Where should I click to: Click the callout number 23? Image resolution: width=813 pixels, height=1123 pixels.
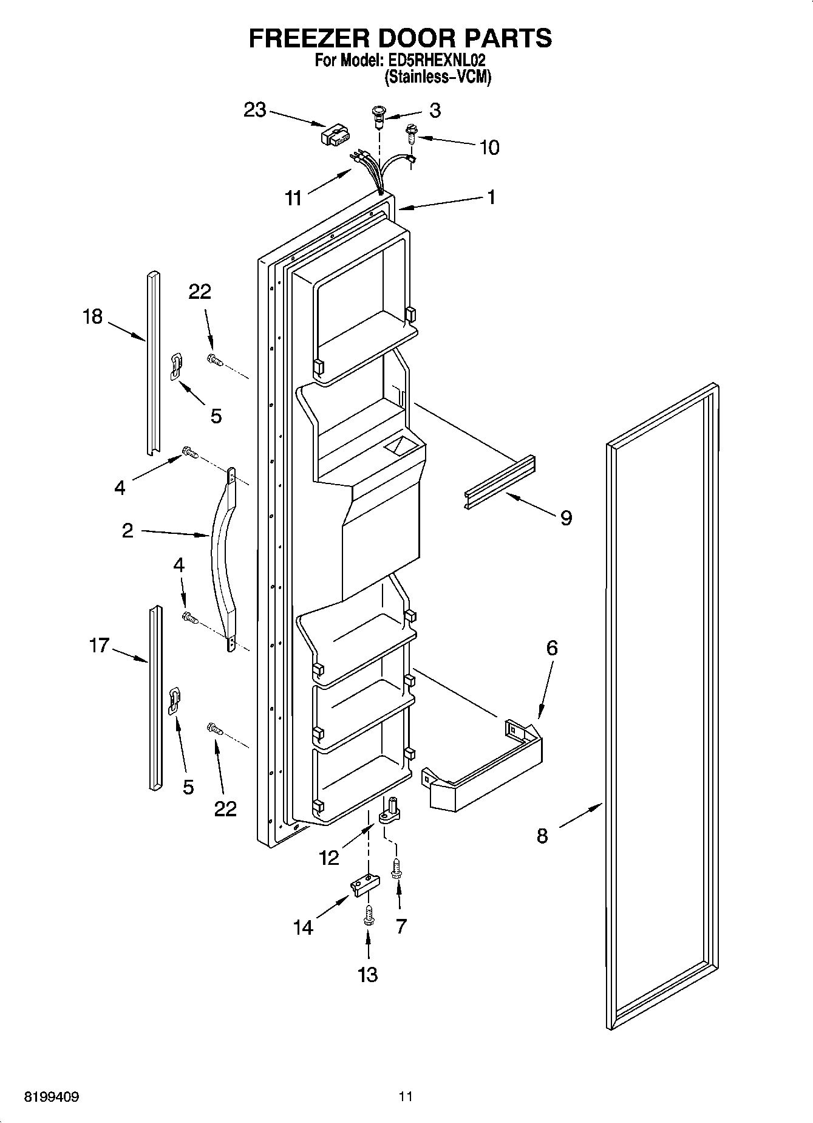click(254, 110)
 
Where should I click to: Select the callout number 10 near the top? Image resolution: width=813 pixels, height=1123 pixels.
click(489, 147)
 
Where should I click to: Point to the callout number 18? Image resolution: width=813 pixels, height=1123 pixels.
click(93, 316)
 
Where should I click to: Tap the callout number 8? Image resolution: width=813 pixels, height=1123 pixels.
click(542, 836)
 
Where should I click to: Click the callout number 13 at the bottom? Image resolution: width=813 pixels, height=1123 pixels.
click(368, 974)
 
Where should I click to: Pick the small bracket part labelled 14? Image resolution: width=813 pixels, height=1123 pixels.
click(364, 886)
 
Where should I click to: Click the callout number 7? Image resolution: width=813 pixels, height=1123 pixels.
click(401, 926)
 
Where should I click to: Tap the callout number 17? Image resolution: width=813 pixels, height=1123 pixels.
click(98, 645)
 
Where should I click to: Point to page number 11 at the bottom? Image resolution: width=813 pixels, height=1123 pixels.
click(406, 1096)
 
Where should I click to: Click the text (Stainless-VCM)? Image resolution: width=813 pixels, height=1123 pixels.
click(437, 77)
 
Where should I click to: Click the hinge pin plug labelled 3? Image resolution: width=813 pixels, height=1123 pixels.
click(379, 115)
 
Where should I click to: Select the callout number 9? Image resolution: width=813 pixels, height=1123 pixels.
click(565, 517)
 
